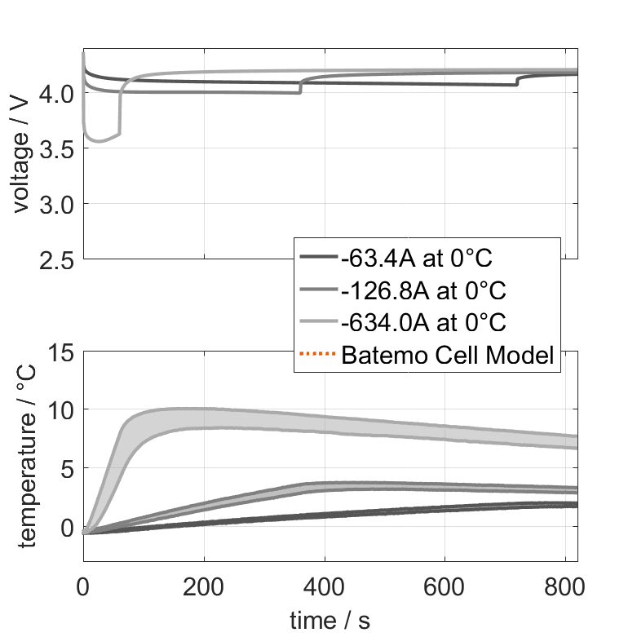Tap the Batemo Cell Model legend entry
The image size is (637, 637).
coord(448,355)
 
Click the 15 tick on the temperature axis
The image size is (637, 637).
coord(62,352)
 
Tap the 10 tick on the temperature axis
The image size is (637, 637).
coord(62,409)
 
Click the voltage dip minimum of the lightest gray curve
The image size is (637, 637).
coord(99,141)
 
